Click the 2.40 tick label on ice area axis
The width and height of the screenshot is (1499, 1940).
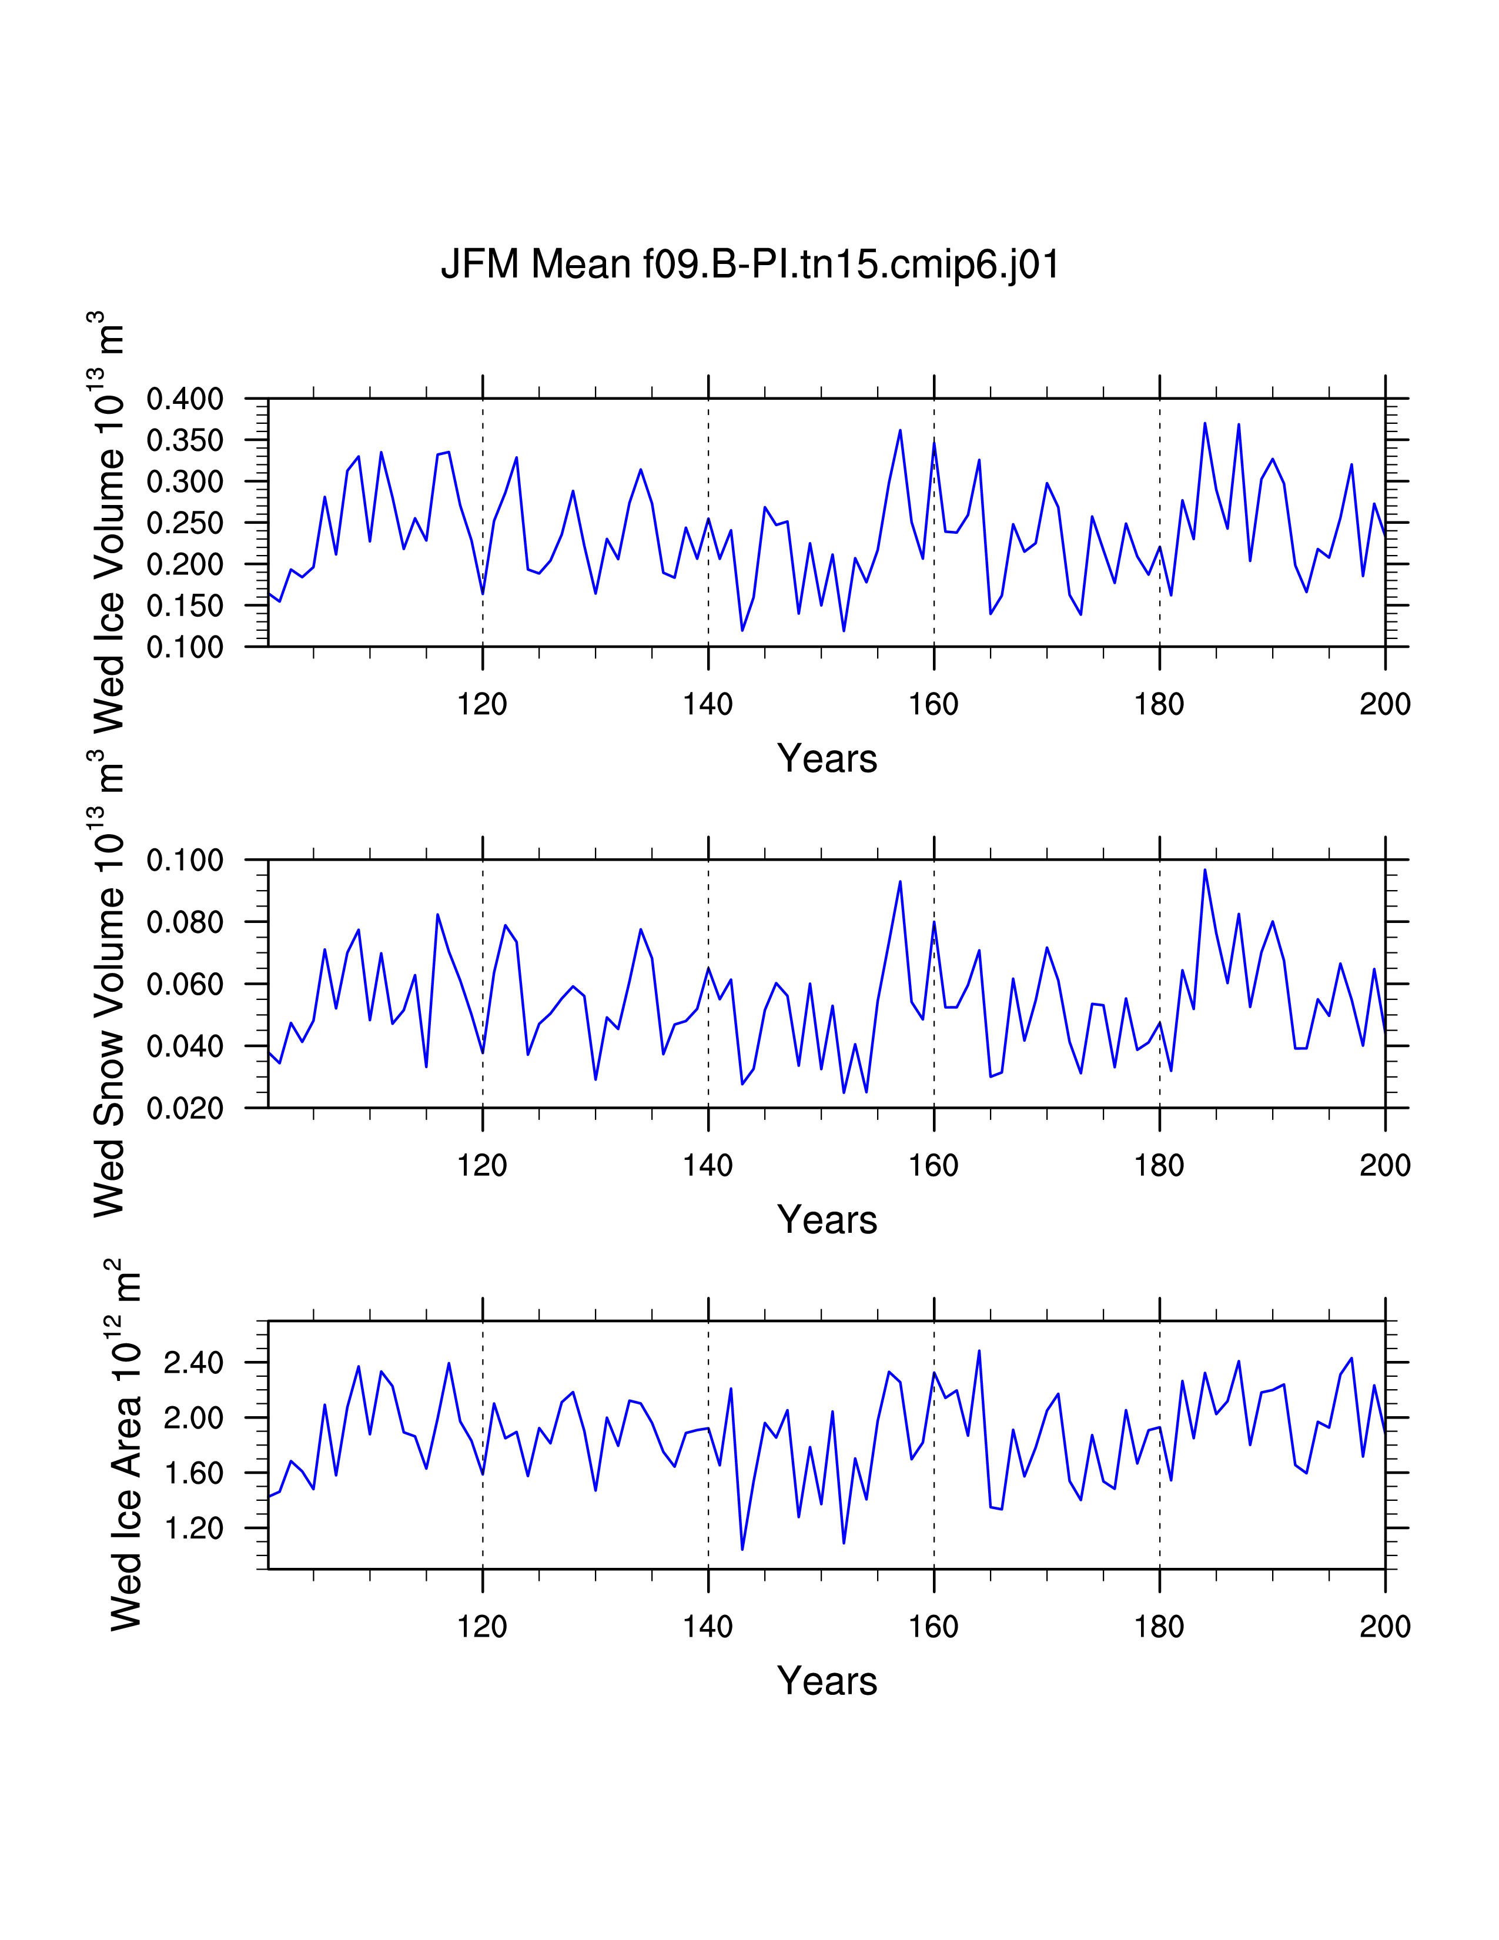point(193,1363)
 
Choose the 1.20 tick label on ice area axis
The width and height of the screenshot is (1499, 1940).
point(193,1528)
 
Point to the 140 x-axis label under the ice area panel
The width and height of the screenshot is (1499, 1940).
point(708,1627)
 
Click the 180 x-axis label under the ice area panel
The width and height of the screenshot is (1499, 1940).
point(1159,1627)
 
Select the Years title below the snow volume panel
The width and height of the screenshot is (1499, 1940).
point(827,1220)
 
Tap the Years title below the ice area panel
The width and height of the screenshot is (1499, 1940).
point(827,1681)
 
